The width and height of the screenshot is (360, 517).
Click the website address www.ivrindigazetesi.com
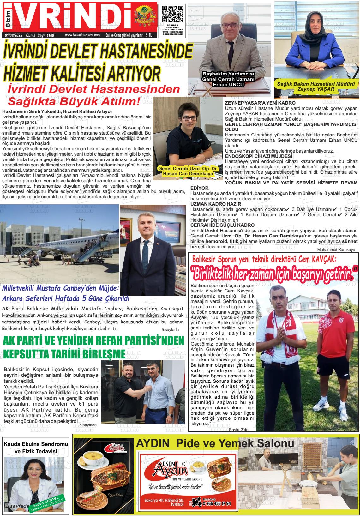(82, 35)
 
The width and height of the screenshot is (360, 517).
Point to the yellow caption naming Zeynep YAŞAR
(316, 86)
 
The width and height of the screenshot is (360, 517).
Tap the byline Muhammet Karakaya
(336, 249)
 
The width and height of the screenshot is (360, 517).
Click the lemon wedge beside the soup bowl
(81, 462)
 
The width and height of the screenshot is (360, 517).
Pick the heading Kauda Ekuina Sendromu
(35, 444)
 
